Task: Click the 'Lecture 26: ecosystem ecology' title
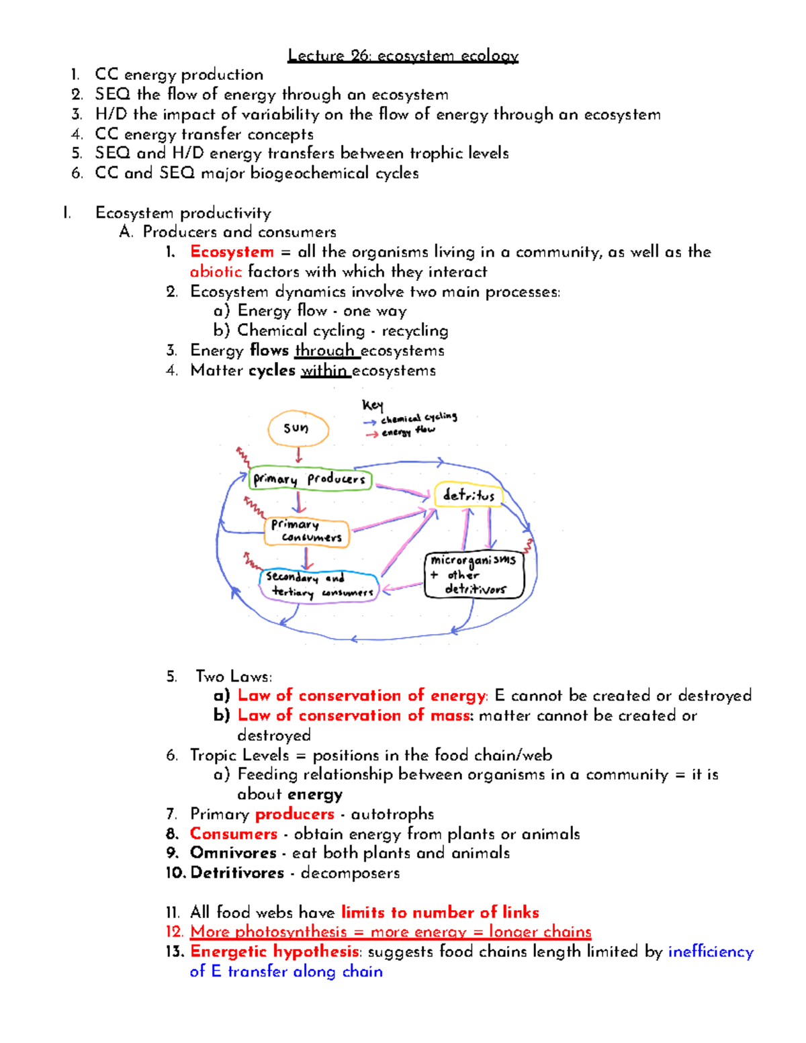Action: pos(403,55)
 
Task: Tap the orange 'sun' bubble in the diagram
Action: pos(298,428)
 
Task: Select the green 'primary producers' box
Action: pos(310,479)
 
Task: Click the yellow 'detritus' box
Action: pos(469,495)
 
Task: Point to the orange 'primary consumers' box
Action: pos(307,532)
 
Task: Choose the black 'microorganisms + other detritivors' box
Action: pos(474,575)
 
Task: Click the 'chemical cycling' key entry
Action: pos(418,418)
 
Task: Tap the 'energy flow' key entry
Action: pos(408,432)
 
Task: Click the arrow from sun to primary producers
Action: pos(299,455)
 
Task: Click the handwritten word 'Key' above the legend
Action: pos(373,405)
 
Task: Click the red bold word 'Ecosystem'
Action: pos(232,252)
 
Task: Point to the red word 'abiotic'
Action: pos(216,271)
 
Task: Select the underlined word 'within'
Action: pos(324,371)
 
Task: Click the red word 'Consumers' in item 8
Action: pos(234,833)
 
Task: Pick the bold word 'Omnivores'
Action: pos(233,853)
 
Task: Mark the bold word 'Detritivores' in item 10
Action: pos(237,873)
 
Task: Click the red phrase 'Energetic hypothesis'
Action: pos(275,952)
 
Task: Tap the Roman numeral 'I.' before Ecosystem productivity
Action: pos(67,214)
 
